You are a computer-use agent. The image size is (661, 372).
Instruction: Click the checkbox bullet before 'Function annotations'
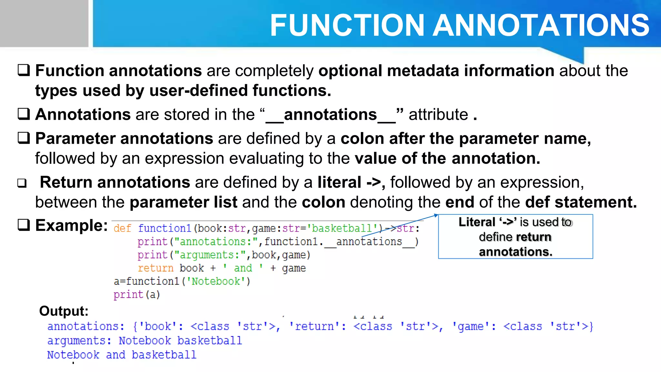pos(24,70)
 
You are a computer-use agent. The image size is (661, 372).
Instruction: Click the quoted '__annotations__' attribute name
pos(330,115)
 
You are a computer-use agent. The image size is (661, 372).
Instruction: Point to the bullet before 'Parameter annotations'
pos(24,138)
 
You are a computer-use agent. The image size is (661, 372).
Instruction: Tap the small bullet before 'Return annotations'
pos(22,183)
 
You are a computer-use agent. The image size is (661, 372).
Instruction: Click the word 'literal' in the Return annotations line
pos(339,182)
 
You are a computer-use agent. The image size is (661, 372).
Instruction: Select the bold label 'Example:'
pos(71,225)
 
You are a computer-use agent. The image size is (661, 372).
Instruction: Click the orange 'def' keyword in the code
pos(122,229)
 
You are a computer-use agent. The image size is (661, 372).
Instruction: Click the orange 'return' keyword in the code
pos(156,268)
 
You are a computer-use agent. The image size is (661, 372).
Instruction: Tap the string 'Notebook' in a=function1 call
pos(216,282)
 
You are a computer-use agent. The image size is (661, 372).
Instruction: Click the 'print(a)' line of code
pos(137,295)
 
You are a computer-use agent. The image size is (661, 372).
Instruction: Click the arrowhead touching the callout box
pos(436,215)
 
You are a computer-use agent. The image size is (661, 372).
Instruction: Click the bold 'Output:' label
pos(64,311)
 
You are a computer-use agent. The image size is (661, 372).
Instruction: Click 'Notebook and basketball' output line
pos(122,355)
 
